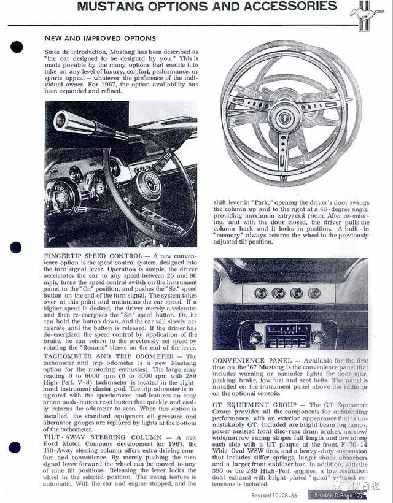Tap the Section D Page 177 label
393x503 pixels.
(337, 495)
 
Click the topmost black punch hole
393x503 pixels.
(17, 47)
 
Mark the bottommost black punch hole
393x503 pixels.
(15, 448)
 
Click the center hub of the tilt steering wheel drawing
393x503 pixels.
(286, 118)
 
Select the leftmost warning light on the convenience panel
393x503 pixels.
(260, 293)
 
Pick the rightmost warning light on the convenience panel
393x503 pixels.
(314, 293)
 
